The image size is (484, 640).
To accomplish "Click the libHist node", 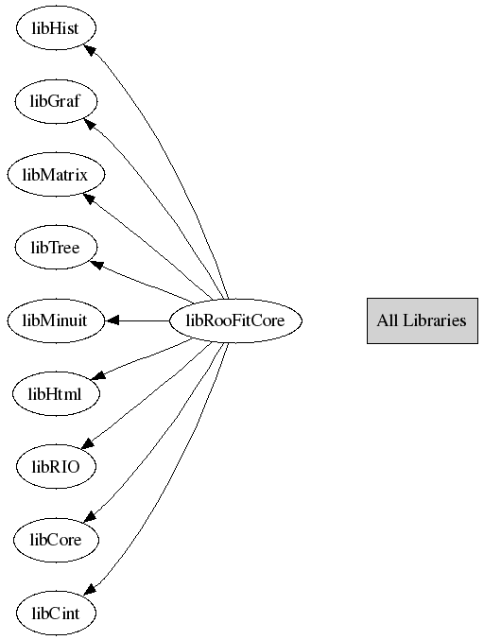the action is pyautogui.click(x=56, y=28).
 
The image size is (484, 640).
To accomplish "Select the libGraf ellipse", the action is pyautogui.click(x=56, y=101).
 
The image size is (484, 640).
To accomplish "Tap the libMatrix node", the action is pyautogui.click(x=56, y=174).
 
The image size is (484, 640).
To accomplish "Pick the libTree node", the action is pyautogui.click(x=56, y=248).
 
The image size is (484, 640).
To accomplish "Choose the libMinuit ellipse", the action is pyautogui.click(x=56, y=320).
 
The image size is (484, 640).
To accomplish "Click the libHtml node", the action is pyautogui.click(x=56, y=394).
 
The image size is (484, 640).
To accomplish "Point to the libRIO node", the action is pyautogui.click(x=56, y=467).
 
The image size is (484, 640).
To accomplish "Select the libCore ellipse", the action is pyautogui.click(x=56, y=540).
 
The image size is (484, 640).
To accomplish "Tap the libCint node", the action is pyautogui.click(x=56, y=613).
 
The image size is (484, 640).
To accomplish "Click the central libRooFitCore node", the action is pyautogui.click(x=235, y=320).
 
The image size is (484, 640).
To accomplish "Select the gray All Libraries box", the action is pyautogui.click(x=423, y=320).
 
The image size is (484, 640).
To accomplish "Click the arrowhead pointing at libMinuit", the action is pyautogui.click(x=112, y=320).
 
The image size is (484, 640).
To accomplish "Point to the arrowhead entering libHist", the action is pyautogui.click(x=90, y=50).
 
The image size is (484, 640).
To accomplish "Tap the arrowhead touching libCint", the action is pyautogui.click(x=90, y=589).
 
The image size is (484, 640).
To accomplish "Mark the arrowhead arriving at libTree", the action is pyautogui.click(x=96, y=265).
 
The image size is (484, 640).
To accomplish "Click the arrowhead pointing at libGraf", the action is pyautogui.click(x=91, y=123).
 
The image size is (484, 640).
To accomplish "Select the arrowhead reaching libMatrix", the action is pyautogui.click(x=90, y=199).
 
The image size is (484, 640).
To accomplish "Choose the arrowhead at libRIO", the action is pyautogui.click(x=89, y=443).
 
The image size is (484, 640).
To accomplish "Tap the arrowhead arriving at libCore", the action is pyautogui.click(x=90, y=516).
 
